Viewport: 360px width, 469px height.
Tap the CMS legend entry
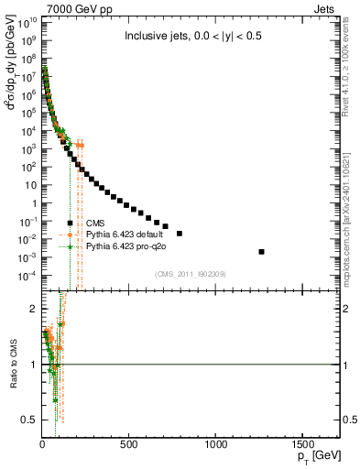pos(95,223)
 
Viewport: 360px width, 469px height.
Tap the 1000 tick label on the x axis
pos(216,444)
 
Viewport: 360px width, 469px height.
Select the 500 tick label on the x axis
pos(129,444)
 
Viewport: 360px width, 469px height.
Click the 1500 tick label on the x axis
pos(303,444)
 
